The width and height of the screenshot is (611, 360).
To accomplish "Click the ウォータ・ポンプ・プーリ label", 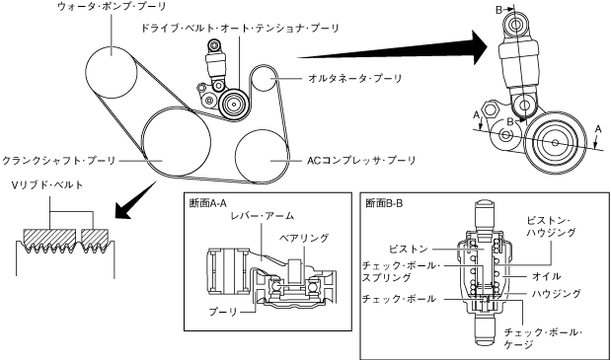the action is point(112,7).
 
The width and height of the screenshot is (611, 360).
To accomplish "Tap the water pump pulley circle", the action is point(112,72).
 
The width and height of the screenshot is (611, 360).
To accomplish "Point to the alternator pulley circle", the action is point(264,79).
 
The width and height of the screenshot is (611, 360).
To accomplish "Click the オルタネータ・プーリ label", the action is point(355,79).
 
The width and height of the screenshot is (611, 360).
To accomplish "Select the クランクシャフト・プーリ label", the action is point(58,161).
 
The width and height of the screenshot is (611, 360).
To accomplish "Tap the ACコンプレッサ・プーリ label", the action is point(361,161).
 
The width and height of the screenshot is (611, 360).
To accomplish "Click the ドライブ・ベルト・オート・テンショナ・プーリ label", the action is point(240,29).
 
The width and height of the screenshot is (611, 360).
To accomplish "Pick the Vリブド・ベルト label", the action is point(47,185).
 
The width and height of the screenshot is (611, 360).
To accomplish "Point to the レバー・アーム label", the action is point(262,216).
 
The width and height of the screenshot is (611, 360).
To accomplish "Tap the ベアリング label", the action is point(304,238).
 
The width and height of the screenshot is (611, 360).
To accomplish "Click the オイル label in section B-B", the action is point(546,276).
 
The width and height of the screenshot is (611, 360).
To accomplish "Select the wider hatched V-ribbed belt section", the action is point(49,238).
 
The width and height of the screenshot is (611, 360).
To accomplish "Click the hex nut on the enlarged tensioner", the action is point(491,108).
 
